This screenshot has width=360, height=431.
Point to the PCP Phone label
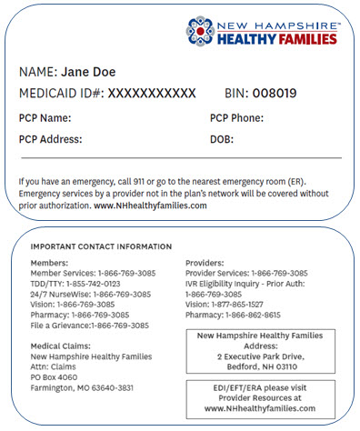tap(236, 118)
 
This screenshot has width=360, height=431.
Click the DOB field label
tap(222, 140)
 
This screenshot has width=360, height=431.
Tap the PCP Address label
tap(51, 140)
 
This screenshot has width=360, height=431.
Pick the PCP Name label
tap(45, 118)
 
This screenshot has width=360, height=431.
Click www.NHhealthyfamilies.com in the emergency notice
tap(151, 206)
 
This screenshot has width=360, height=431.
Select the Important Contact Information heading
tap(101, 246)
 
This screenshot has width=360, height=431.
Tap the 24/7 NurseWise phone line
tap(91, 295)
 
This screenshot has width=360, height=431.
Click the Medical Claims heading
tap(63, 346)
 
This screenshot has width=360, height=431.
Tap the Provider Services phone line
tap(245, 273)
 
